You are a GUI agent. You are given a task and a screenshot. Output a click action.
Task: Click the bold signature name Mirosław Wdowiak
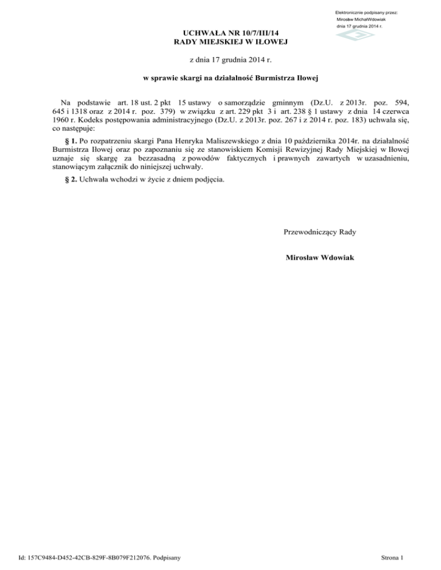(x=320, y=258)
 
